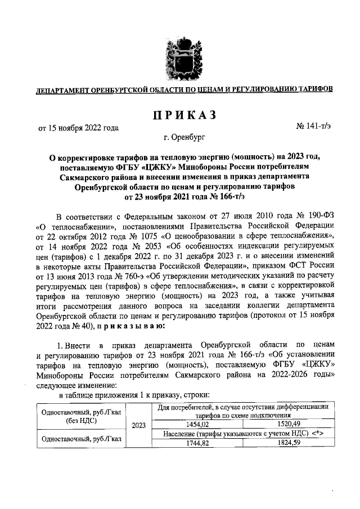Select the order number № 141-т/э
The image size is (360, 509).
tap(315, 128)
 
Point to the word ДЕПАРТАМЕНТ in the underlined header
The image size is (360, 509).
tap(62, 89)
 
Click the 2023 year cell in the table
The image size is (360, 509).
tap(138, 426)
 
